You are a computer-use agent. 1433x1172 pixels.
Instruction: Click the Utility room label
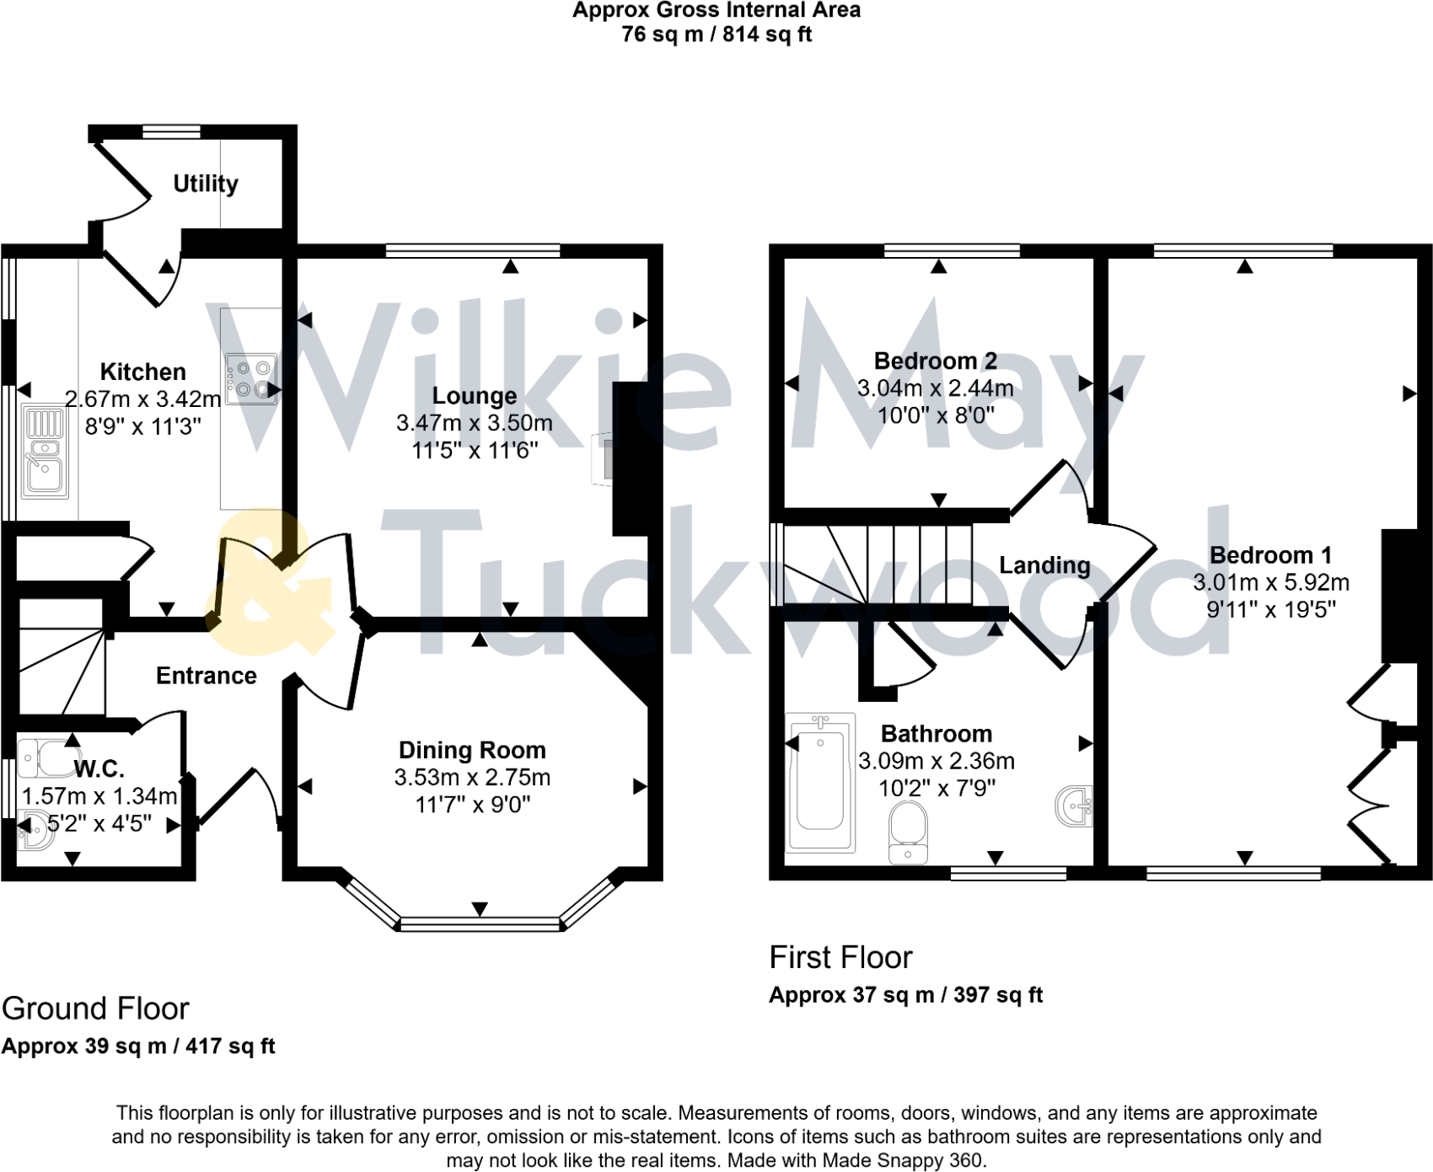pyautogui.click(x=206, y=183)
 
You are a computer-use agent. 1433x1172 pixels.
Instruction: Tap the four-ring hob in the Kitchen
pyautogui.click(x=251, y=377)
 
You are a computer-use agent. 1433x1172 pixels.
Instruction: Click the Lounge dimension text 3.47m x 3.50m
pyautogui.click(x=475, y=423)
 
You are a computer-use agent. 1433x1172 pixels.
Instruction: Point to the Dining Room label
pyautogui.click(x=472, y=750)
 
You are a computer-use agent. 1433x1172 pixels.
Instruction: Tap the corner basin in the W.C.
pyautogui.click(x=34, y=830)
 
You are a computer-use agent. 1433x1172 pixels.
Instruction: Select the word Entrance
pyautogui.click(x=207, y=676)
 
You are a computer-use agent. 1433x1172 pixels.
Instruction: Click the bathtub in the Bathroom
pyautogui.click(x=820, y=783)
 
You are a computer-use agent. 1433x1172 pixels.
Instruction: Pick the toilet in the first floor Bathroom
pyautogui.click(x=908, y=831)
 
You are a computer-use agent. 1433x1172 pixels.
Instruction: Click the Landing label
pyautogui.click(x=1044, y=565)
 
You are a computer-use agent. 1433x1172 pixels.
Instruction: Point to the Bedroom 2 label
pyautogui.click(x=936, y=361)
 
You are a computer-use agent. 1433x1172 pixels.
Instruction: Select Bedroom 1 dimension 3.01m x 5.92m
pyautogui.click(x=1271, y=582)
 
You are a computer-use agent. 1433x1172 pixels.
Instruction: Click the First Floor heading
pyautogui.click(x=840, y=957)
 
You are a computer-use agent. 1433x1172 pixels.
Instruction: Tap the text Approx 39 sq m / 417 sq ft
pyautogui.click(x=138, y=1046)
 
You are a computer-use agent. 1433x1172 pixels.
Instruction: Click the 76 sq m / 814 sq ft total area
pyautogui.click(x=716, y=35)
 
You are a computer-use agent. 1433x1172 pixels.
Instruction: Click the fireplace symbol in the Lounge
pyautogui.click(x=604, y=458)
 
